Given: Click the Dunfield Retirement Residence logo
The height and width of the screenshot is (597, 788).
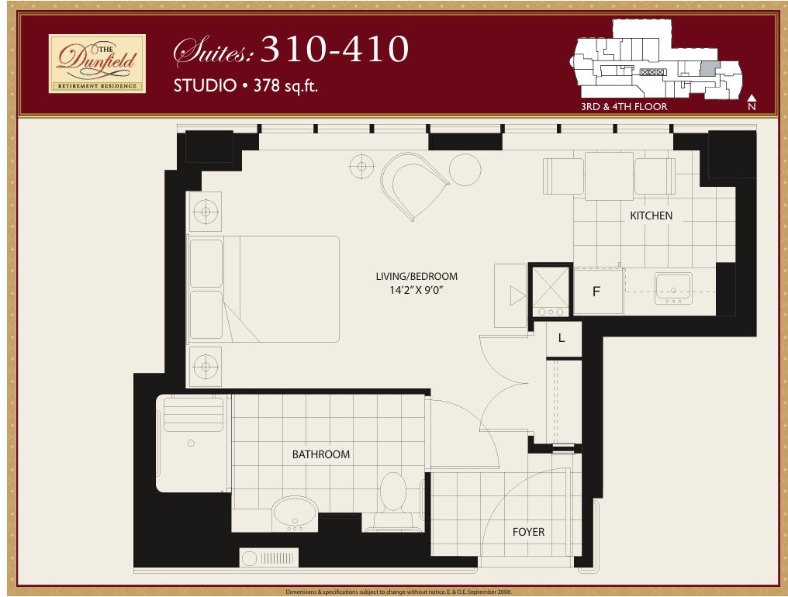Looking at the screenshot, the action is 97,64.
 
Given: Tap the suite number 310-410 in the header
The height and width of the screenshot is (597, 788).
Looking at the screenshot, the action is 334,50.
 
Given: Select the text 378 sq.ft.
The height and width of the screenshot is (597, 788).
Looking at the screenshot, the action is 285,86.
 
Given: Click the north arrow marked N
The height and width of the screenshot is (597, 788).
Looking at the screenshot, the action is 752,102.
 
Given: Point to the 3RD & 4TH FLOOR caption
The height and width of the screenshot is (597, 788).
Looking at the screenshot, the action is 624,106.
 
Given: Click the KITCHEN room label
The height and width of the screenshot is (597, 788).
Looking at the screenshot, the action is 651,216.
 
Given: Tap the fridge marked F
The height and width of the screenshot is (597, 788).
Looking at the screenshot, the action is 598,292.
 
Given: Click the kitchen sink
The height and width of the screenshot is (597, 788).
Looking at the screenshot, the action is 673,288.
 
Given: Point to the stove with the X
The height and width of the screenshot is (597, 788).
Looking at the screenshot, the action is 551,291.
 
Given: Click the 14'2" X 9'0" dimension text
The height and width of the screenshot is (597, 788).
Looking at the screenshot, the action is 416,290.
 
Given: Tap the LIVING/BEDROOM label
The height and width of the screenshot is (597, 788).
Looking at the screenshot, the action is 416,276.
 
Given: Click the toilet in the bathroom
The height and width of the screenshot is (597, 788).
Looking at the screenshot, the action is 393,500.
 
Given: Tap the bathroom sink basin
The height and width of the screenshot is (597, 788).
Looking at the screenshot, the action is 295,513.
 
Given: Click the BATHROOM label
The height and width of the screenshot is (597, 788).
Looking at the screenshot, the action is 320,454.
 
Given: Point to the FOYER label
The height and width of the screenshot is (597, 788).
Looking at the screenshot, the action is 528,532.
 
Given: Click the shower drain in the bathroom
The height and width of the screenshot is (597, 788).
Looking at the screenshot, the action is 191,443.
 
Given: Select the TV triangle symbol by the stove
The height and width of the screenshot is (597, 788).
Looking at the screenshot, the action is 517,296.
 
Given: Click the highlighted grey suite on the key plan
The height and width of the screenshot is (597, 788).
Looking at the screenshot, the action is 710,69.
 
